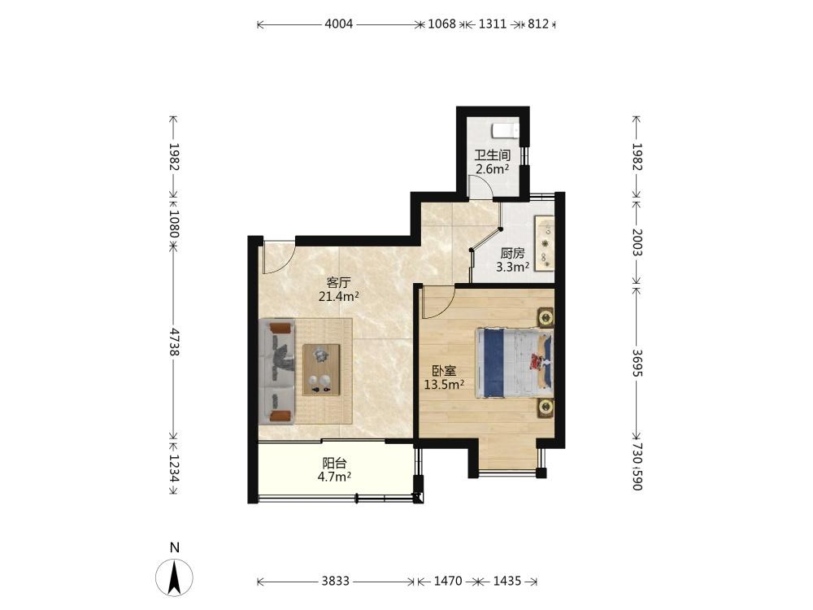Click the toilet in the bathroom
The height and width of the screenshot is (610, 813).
pos(505,129)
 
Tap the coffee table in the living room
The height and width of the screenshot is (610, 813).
pos(321,370)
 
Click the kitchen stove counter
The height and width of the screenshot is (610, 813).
pos(545,244)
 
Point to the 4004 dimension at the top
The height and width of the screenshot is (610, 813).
pos(338,24)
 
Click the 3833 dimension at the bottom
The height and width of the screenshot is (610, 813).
pos(336,581)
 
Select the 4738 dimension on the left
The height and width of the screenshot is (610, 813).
pos(174,342)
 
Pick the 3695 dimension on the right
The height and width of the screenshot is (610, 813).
pos(637,363)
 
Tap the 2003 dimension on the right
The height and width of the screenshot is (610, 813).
pos(637,242)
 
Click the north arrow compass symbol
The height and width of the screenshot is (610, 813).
pos(174,577)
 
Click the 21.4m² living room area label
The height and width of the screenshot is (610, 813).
pos(339,297)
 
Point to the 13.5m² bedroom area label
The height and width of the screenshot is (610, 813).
pos(444,385)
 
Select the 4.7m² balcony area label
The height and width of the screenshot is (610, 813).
pos(334,476)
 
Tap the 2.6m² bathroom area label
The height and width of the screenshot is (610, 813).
pos(493,168)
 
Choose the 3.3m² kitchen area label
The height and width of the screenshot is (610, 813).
pos(513,267)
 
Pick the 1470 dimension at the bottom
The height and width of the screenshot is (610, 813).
pos(448,581)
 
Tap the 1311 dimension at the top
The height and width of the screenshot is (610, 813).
pos(493,24)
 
